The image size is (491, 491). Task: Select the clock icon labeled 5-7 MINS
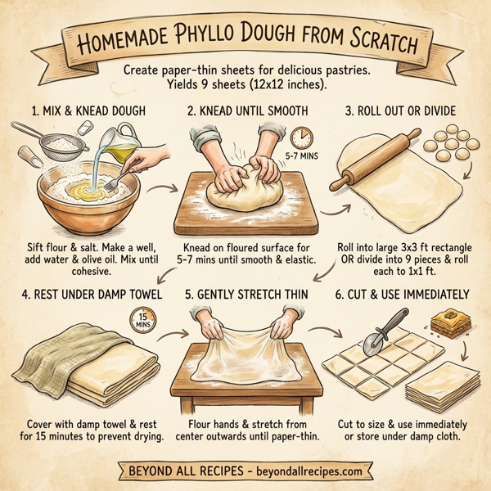coord(300,137)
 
